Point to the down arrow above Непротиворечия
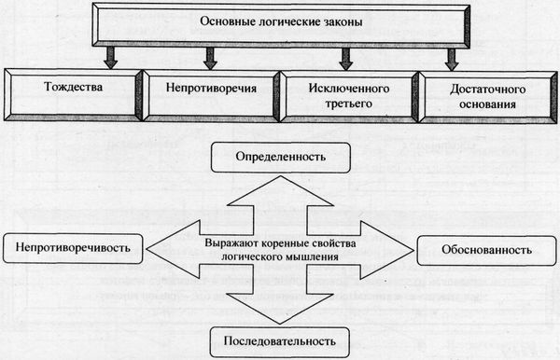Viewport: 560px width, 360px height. coord(230,59)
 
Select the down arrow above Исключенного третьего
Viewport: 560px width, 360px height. coord(346,59)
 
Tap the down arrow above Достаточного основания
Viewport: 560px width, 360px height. coord(452,59)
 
